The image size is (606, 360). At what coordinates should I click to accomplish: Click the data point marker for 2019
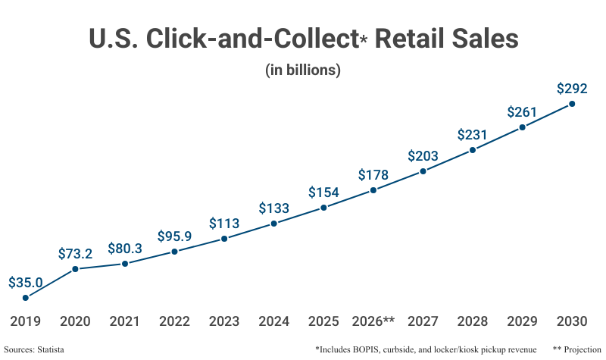coord(26,298)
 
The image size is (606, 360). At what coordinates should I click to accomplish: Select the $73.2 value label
coord(75,254)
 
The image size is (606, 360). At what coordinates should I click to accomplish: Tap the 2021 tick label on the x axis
coord(125,321)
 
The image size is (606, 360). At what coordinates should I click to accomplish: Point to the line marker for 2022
coord(175,252)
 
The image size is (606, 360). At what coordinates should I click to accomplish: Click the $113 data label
coord(224,224)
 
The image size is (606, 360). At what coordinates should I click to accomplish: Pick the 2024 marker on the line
coord(274,224)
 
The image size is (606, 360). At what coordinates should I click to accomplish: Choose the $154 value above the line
coord(323,193)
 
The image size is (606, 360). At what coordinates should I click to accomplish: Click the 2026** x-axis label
coord(373,321)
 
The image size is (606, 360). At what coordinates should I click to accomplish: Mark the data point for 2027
coord(423,171)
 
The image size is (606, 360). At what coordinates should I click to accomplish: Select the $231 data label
coord(473,135)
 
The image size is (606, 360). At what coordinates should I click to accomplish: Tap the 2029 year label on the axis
coord(522,321)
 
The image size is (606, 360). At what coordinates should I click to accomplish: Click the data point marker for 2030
coord(572,104)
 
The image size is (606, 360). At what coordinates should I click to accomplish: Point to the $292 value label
coord(572,88)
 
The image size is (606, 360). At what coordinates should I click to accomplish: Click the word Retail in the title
coord(419,39)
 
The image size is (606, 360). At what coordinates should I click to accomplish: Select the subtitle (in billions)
coord(303,70)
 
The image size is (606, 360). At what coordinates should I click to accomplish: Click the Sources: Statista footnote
coord(34,349)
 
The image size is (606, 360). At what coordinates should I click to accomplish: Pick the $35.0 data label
coord(26,283)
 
